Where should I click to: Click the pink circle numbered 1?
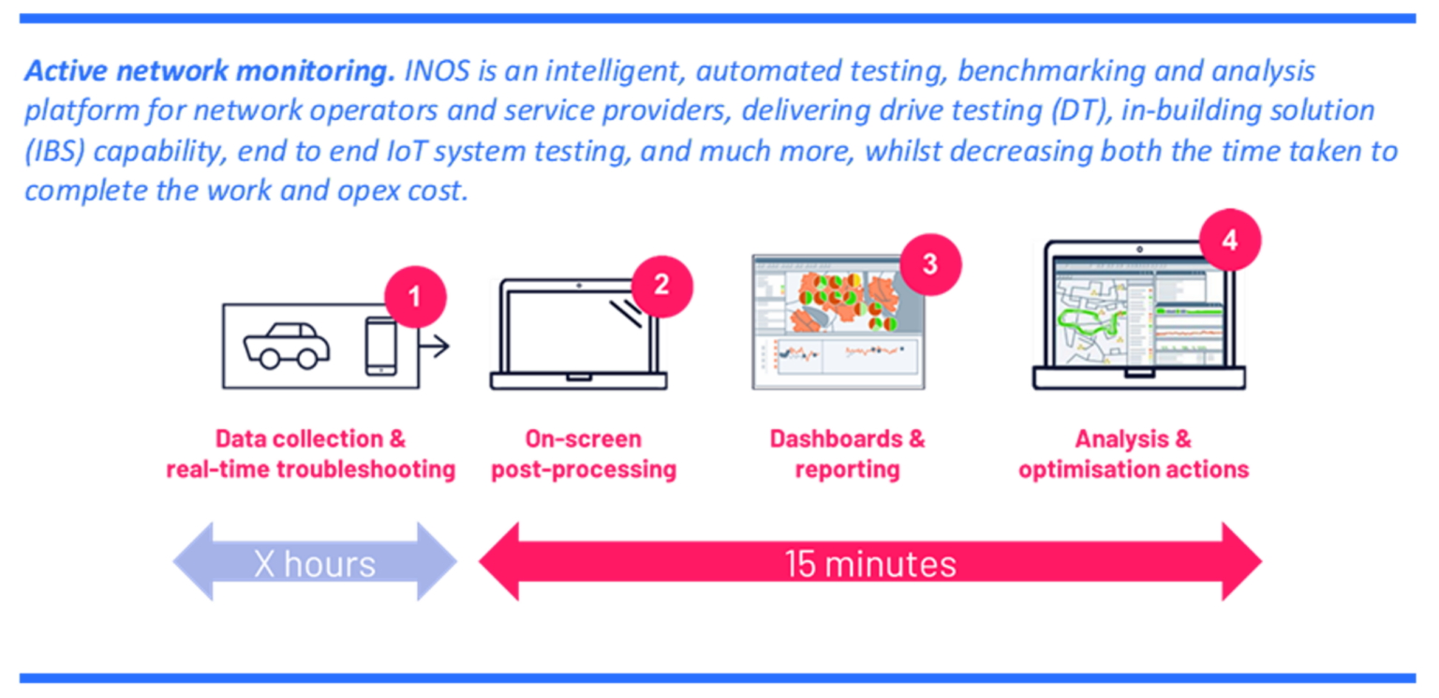coord(416,297)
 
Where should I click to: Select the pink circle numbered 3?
coord(930,263)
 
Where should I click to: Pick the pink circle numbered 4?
coord(1230,240)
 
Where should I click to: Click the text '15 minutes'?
coord(870,564)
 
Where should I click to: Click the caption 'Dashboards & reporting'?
coord(847,453)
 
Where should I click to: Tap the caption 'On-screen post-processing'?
coord(583,453)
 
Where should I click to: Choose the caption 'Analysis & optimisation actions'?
coord(1134,453)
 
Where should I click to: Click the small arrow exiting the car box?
coord(437,347)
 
